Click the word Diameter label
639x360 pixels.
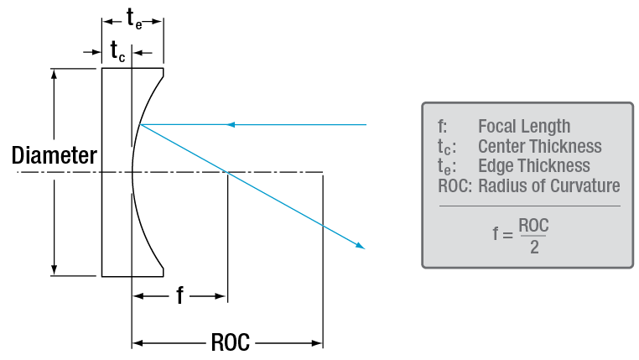54,155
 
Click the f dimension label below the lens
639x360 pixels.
179,295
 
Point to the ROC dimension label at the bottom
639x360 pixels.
228,342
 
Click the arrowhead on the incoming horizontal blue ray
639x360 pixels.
232,124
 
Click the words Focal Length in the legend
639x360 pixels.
524,127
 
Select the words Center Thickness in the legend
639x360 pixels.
539,147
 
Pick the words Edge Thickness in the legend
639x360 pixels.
533,166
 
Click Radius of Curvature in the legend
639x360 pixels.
549,185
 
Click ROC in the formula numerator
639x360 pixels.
533,226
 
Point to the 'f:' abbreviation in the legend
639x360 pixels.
442,127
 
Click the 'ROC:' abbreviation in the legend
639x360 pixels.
454,185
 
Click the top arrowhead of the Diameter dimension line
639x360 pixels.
55,74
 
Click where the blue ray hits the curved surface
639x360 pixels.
141,124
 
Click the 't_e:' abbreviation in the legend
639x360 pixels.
444,167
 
